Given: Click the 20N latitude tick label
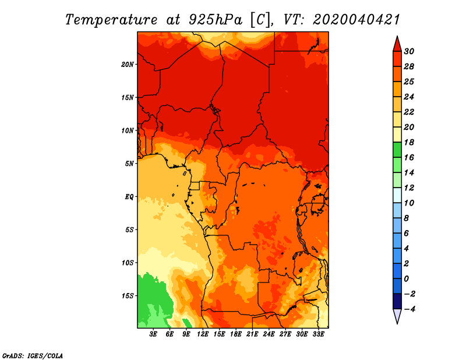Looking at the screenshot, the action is [128, 65].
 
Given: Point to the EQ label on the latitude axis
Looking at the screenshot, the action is [129, 197].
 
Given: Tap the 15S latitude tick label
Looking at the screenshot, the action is [128, 296].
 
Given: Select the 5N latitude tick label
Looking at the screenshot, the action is [129, 164].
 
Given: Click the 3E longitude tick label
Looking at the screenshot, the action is [153, 334].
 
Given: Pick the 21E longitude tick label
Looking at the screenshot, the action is [252, 334].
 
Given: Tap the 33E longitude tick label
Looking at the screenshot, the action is [318, 334].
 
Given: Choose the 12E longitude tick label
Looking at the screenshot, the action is [203, 334].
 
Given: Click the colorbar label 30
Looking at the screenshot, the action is [409, 51].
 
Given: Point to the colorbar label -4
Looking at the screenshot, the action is [409, 309].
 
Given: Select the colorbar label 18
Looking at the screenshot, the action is [409, 142].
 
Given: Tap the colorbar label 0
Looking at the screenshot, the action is [406, 279].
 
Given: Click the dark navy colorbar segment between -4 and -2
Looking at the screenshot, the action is [397, 301].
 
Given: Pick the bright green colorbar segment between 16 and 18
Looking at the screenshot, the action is [397, 150].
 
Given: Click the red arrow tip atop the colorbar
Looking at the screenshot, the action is [397, 36].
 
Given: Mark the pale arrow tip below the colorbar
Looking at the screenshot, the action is [397, 323].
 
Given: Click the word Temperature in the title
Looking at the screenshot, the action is [111, 20].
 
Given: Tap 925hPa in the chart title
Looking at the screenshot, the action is [216, 20].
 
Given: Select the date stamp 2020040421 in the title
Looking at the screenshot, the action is [356, 20].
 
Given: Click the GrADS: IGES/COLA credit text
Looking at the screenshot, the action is [33, 356].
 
